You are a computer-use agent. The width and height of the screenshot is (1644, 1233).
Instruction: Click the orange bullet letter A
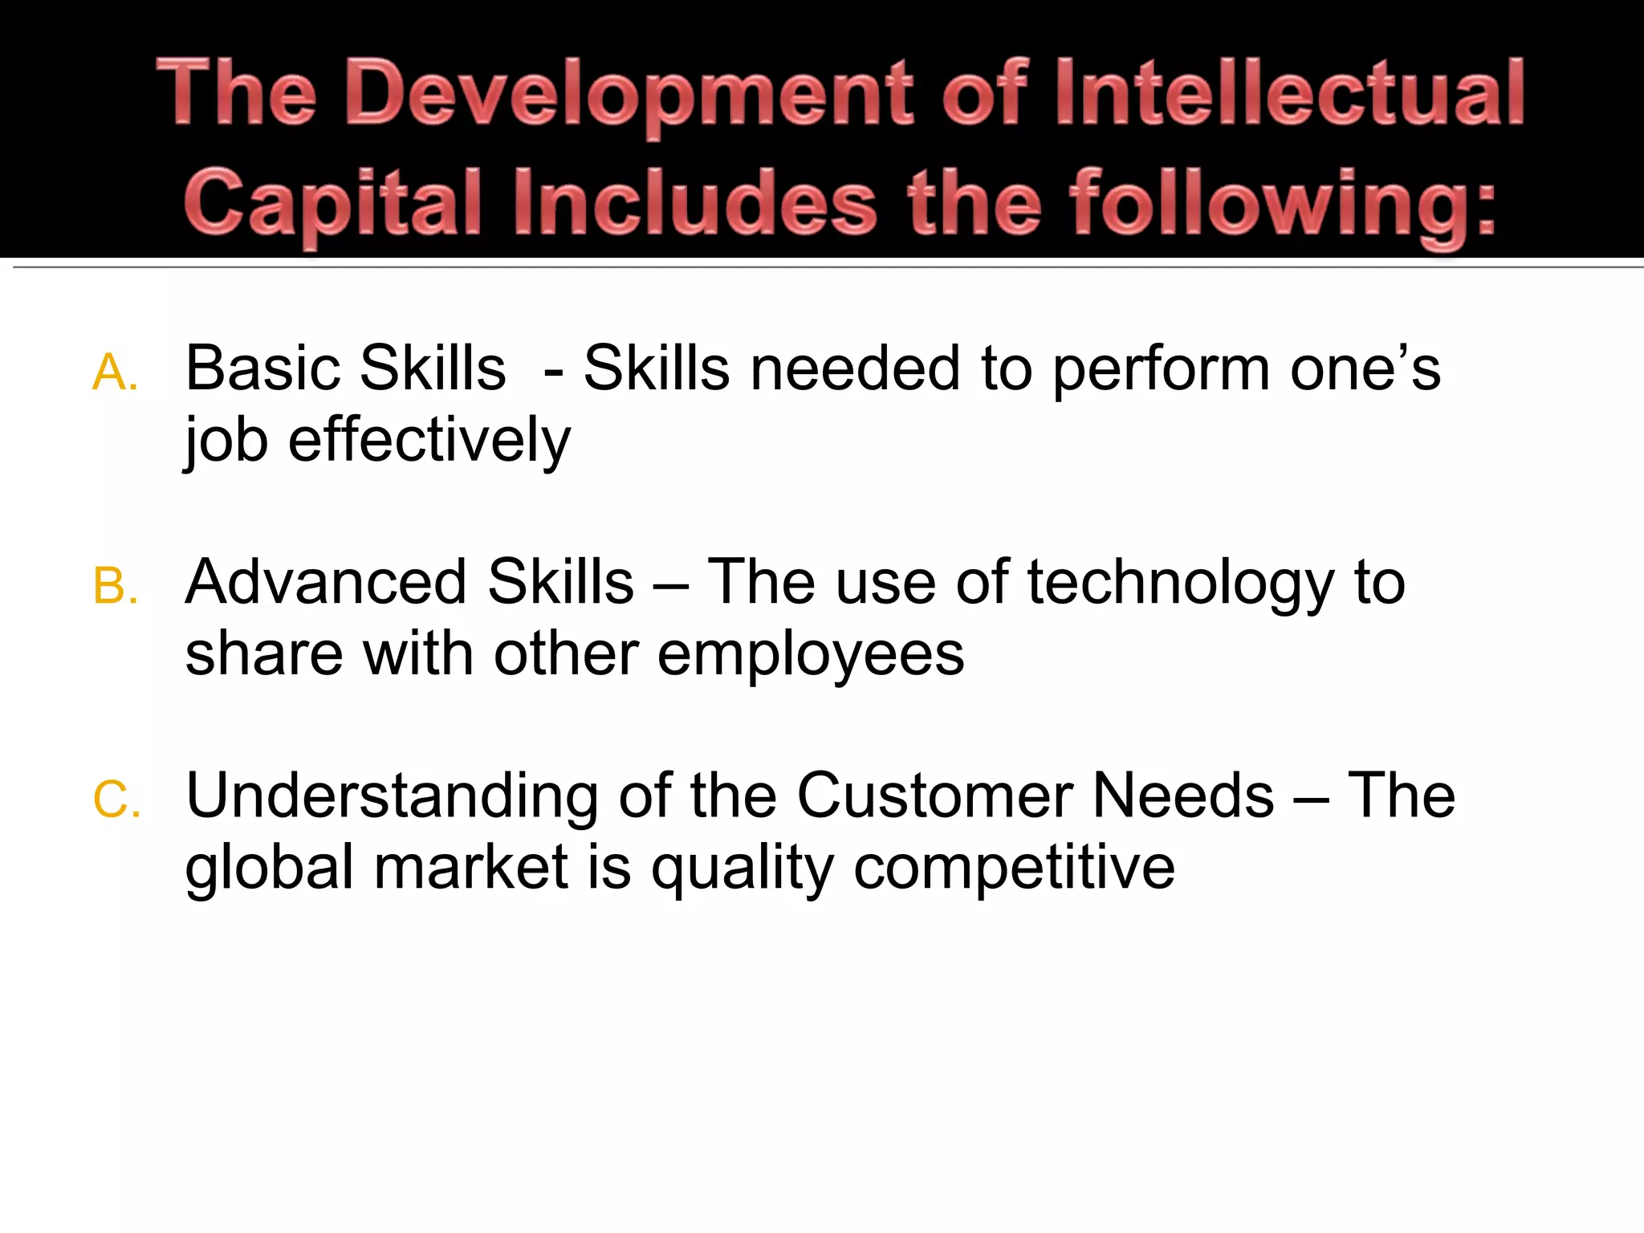(x=115, y=373)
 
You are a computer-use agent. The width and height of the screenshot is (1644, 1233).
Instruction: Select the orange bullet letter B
(x=115, y=586)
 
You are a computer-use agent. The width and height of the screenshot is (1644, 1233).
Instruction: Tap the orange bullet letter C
(x=116, y=800)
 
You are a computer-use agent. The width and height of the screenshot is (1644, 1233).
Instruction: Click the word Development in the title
(x=630, y=95)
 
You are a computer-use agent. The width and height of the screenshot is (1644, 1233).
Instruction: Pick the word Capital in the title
(x=333, y=204)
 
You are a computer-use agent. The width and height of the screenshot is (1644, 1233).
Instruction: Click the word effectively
(x=429, y=442)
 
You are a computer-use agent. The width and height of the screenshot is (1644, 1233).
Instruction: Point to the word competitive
(x=1014, y=869)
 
